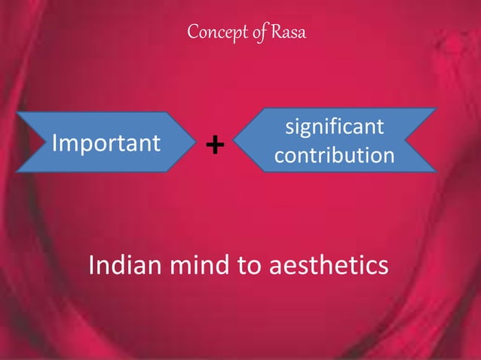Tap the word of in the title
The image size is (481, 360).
pyautogui.click(x=253, y=34)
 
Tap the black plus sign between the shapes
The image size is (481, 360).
pyautogui.click(x=215, y=144)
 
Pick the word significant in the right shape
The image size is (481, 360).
pyautogui.click(x=335, y=127)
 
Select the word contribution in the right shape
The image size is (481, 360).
pyautogui.click(x=334, y=156)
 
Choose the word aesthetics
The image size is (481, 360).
pyautogui.click(x=328, y=266)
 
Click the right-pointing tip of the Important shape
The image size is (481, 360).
pyautogui.click(x=198, y=142)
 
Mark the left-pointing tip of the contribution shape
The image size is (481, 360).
pyautogui.click(x=234, y=141)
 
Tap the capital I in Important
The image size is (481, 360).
pyautogui.click(x=52, y=142)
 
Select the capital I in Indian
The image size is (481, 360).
pyautogui.click(x=92, y=265)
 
